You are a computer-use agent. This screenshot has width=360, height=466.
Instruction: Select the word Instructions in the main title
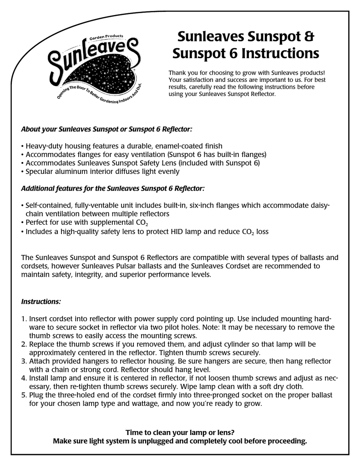pos(280,54)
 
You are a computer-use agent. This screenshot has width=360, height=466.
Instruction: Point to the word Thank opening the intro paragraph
pos(177,73)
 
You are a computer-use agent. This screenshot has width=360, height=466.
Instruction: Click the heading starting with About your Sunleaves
pos(107,129)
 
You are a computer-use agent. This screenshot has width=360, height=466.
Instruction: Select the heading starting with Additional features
pos(113,188)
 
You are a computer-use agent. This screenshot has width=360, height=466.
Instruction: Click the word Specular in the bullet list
pos(41,172)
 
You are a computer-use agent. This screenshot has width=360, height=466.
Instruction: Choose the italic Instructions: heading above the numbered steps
pos(41,302)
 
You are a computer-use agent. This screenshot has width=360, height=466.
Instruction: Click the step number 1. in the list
pos(24,319)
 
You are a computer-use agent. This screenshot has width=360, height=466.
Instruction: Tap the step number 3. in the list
pos(24,361)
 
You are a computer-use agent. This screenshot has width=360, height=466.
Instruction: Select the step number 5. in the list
pos(24,395)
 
